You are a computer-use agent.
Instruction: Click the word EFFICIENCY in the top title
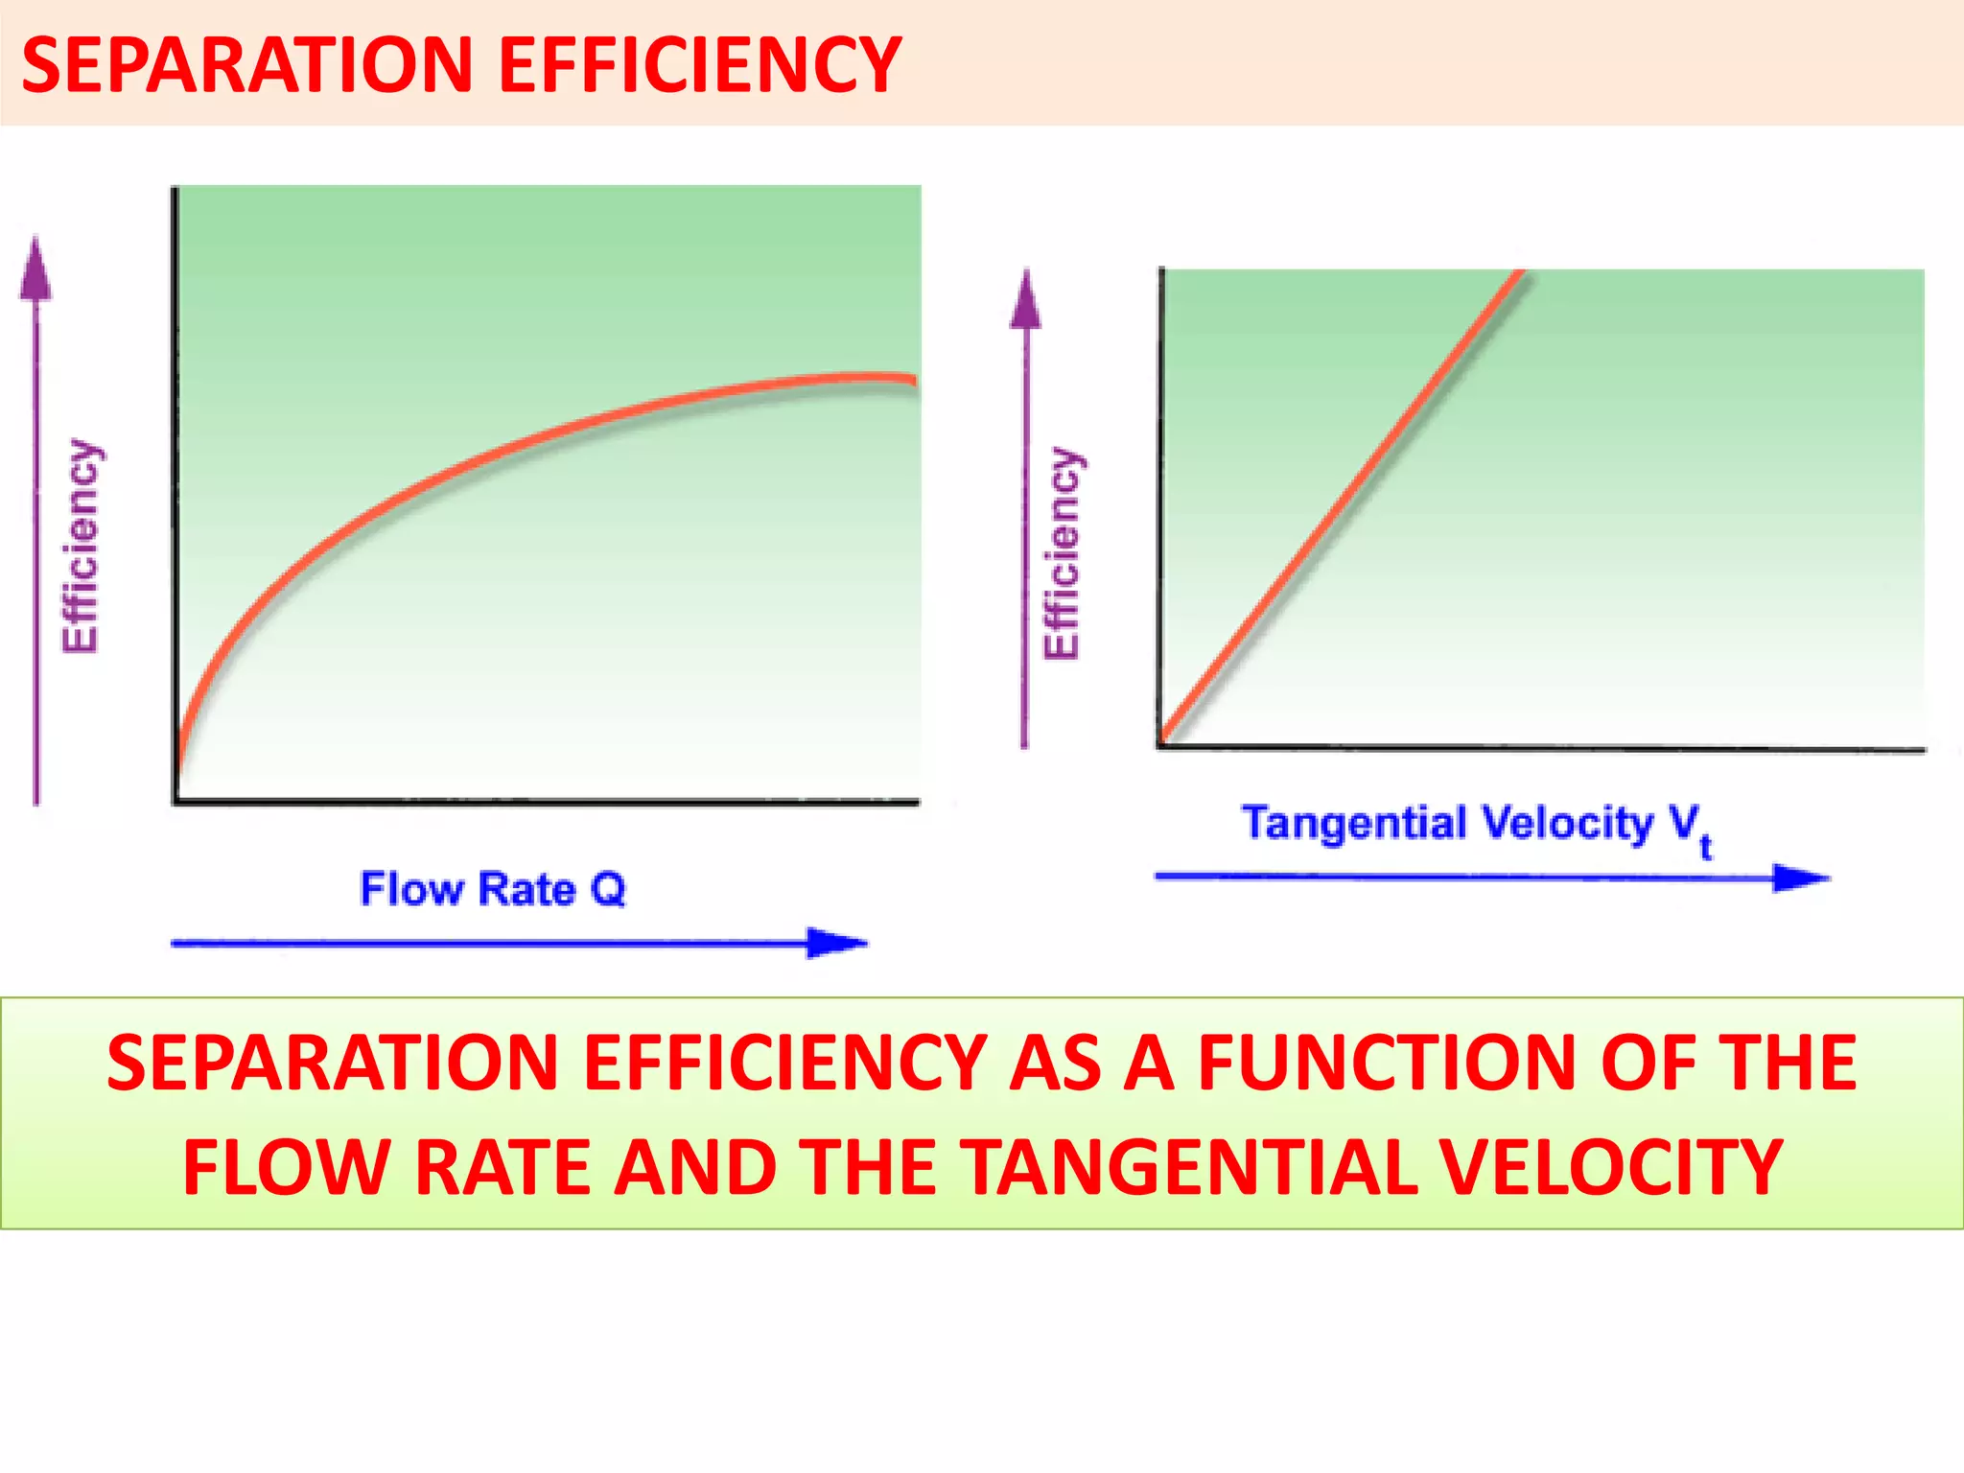click(699, 65)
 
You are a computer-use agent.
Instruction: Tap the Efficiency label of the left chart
click(81, 547)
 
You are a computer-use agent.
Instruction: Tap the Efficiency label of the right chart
click(1062, 553)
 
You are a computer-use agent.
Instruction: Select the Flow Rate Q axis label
click(492, 889)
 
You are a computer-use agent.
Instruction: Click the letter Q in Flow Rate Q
click(608, 889)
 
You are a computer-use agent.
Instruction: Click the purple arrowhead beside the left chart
click(35, 269)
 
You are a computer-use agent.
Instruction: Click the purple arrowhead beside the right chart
click(1025, 301)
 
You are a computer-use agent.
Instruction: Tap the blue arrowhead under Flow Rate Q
click(836, 944)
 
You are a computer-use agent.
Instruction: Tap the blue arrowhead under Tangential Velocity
click(1800, 877)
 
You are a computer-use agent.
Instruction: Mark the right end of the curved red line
click(913, 380)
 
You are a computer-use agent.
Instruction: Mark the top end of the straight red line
click(1519, 274)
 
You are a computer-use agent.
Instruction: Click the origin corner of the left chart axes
click(176, 801)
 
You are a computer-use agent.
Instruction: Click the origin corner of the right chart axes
click(1161, 746)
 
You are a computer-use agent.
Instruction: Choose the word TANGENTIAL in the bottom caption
click(1190, 1168)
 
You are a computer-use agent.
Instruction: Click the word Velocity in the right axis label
click(1567, 824)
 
